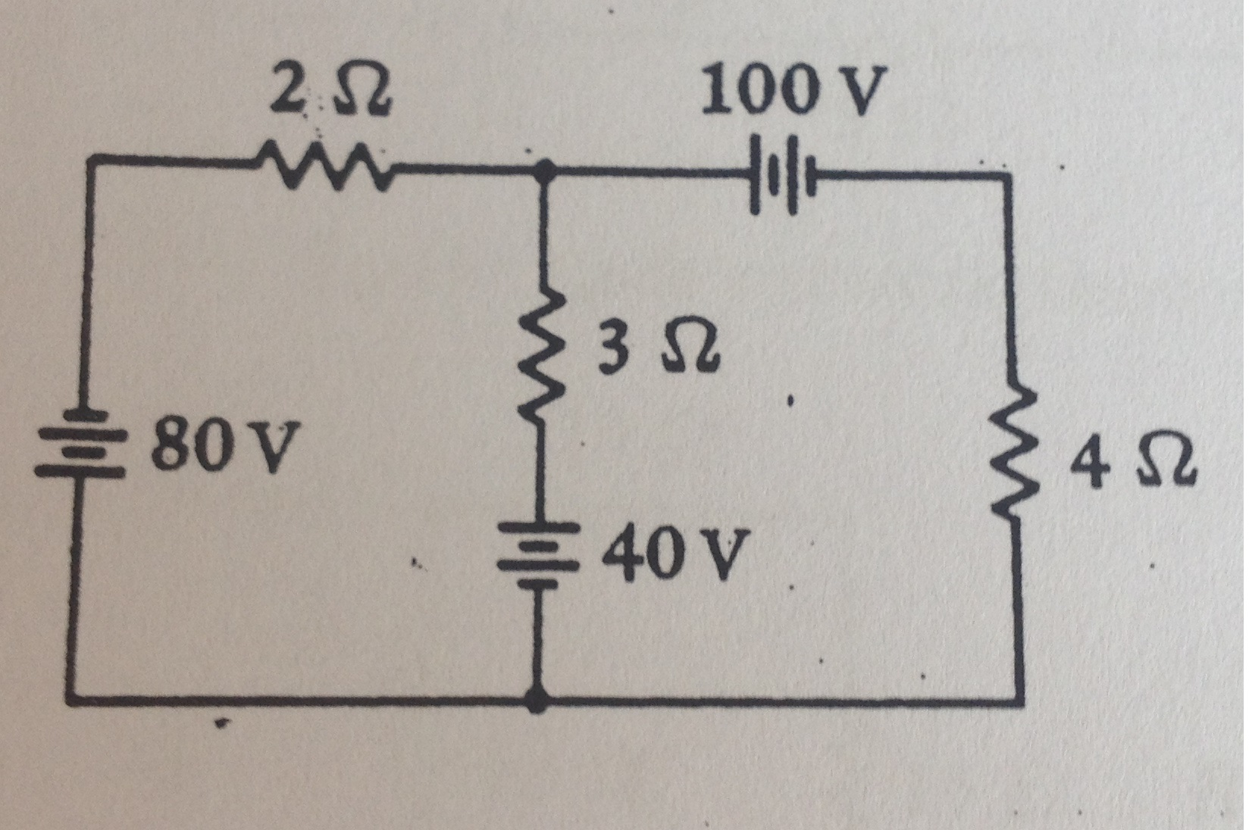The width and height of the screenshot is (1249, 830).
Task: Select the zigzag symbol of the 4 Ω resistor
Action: coord(1016,454)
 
